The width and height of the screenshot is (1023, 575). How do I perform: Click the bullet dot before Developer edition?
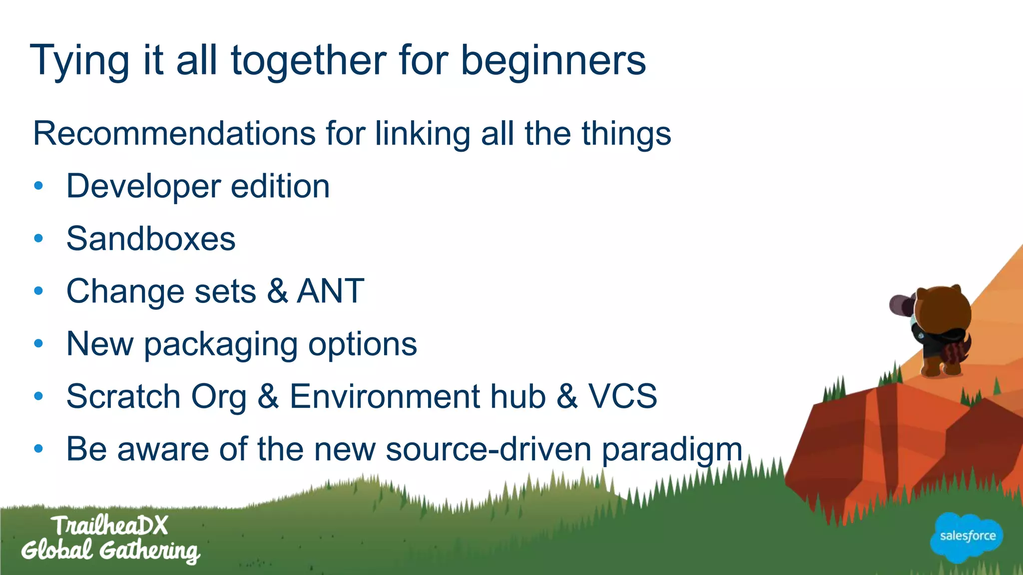tap(39, 186)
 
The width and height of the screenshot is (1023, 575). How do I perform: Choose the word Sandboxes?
tap(151, 239)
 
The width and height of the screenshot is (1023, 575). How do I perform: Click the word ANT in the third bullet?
tap(330, 291)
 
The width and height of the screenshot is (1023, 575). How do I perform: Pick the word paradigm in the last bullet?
tap(672, 449)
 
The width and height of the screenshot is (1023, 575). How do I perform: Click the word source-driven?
tap(489, 449)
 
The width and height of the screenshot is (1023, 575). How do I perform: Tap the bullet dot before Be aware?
tap(39, 449)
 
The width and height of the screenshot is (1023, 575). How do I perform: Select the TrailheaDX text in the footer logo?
tap(109, 526)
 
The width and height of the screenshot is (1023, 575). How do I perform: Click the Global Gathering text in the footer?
tap(110, 551)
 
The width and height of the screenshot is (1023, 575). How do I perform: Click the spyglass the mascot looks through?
tap(901, 305)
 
